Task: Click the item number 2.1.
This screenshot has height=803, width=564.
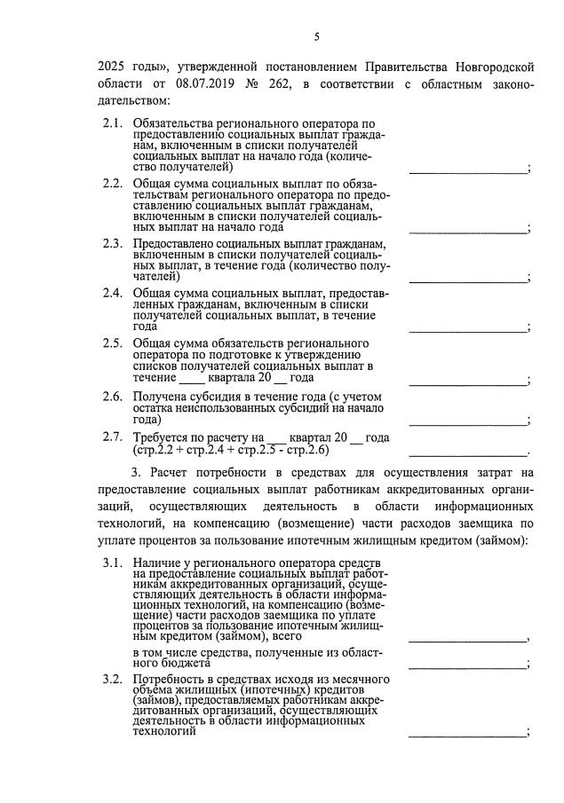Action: [x=112, y=122]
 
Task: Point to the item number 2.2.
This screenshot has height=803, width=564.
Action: [x=112, y=184]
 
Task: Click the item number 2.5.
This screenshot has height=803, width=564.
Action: [x=112, y=343]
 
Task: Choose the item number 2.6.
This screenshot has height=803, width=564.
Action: [x=112, y=397]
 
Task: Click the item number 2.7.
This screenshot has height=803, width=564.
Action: [x=112, y=437]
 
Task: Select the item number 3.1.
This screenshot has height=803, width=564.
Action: [x=112, y=563]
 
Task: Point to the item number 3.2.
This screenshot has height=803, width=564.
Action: [x=112, y=679]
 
